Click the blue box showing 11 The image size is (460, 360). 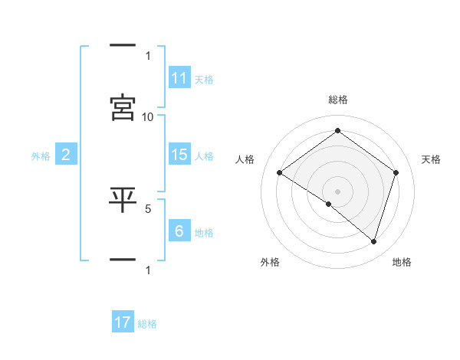click(179, 78)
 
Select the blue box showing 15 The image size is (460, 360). click(179, 155)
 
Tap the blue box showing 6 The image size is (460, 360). click(179, 231)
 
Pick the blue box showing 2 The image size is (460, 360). click(66, 155)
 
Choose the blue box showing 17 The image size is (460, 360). click(123, 322)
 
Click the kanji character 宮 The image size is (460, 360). click(123, 107)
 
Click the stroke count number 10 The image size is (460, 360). click(148, 116)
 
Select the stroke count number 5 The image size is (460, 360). click(148, 208)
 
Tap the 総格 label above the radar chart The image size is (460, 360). click(338, 100)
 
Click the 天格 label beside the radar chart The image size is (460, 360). click(431, 159)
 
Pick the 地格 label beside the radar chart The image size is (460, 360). click(402, 262)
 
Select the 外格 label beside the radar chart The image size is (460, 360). click(270, 262)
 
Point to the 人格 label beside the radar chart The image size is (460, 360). click(245, 159)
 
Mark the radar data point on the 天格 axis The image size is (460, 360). click(396, 172)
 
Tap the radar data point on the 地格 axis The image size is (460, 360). click(373, 241)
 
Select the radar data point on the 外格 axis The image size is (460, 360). click(329, 204)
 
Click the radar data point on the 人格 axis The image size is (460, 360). click(280, 172)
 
